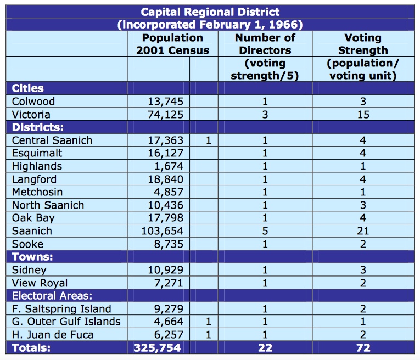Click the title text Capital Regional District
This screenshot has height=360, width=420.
point(210,12)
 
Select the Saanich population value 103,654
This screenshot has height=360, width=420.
point(163,231)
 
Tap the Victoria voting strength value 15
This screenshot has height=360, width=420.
point(363,115)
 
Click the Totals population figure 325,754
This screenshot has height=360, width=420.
point(157,348)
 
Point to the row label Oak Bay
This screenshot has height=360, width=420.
point(33,218)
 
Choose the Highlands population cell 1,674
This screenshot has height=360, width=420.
point(169,166)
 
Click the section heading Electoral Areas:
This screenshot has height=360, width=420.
point(52,296)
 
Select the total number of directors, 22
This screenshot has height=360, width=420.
point(265,348)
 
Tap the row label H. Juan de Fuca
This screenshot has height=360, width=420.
point(53,335)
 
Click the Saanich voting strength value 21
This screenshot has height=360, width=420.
point(363,231)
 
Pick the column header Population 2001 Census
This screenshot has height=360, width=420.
point(173,44)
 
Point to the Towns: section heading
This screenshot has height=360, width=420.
point(32,257)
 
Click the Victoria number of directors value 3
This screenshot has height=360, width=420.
point(265,115)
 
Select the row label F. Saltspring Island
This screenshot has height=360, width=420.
point(61,309)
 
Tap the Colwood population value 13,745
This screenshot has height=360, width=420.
point(166,102)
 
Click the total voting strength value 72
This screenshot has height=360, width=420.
point(363,348)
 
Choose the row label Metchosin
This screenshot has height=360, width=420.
point(37,192)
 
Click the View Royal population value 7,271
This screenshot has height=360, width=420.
point(169,283)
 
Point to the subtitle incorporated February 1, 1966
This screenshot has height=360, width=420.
point(210,25)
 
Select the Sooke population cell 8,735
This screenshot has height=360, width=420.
point(169,244)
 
